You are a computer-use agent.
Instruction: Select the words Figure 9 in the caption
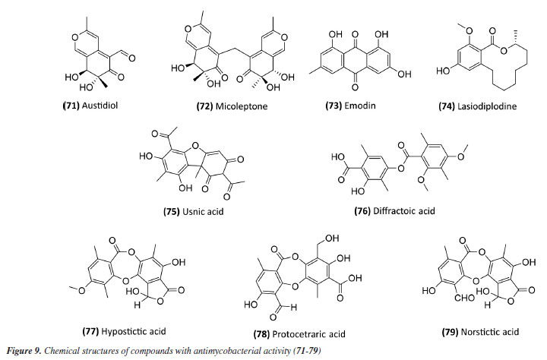point(24,352)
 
